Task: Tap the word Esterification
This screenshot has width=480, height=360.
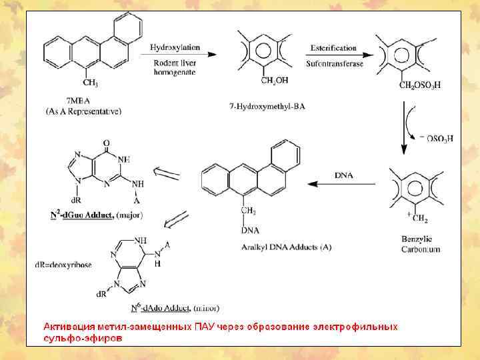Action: pyautogui.click(x=333, y=48)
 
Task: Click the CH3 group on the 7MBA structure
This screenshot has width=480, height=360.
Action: pyautogui.click(x=90, y=83)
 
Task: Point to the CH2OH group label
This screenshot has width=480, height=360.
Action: pyautogui.click(x=274, y=81)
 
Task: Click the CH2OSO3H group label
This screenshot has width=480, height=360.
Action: pyautogui.click(x=419, y=85)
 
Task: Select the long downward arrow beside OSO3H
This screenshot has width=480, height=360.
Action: pyautogui.click(x=403, y=127)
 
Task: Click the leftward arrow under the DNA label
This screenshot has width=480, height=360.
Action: pyautogui.click(x=343, y=184)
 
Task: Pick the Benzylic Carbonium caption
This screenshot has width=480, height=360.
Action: pyautogui.click(x=420, y=243)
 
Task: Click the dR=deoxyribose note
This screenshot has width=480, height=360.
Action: pyautogui.click(x=63, y=264)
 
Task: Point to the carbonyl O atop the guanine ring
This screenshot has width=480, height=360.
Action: pyautogui.click(x=106, y=142)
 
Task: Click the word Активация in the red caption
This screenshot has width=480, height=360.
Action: pyautogui.click(x=69, y=327)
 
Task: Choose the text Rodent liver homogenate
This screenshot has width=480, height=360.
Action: pyautogui.click(x=173, y=67)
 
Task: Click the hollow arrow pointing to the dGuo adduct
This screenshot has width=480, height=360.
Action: pyautogui.click(x=167, y=174)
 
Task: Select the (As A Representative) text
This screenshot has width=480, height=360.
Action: pyautogui.click(x=83, y=111)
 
